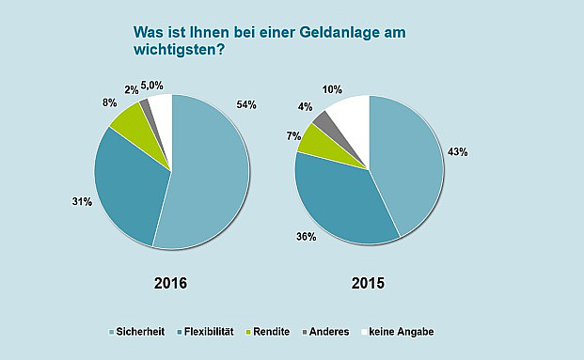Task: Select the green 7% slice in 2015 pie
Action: click(315, 141)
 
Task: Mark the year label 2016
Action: click(172, 283)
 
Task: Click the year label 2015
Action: click(368, 283)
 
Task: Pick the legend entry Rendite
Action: click(274, 332)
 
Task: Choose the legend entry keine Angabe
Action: click(400, 332)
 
